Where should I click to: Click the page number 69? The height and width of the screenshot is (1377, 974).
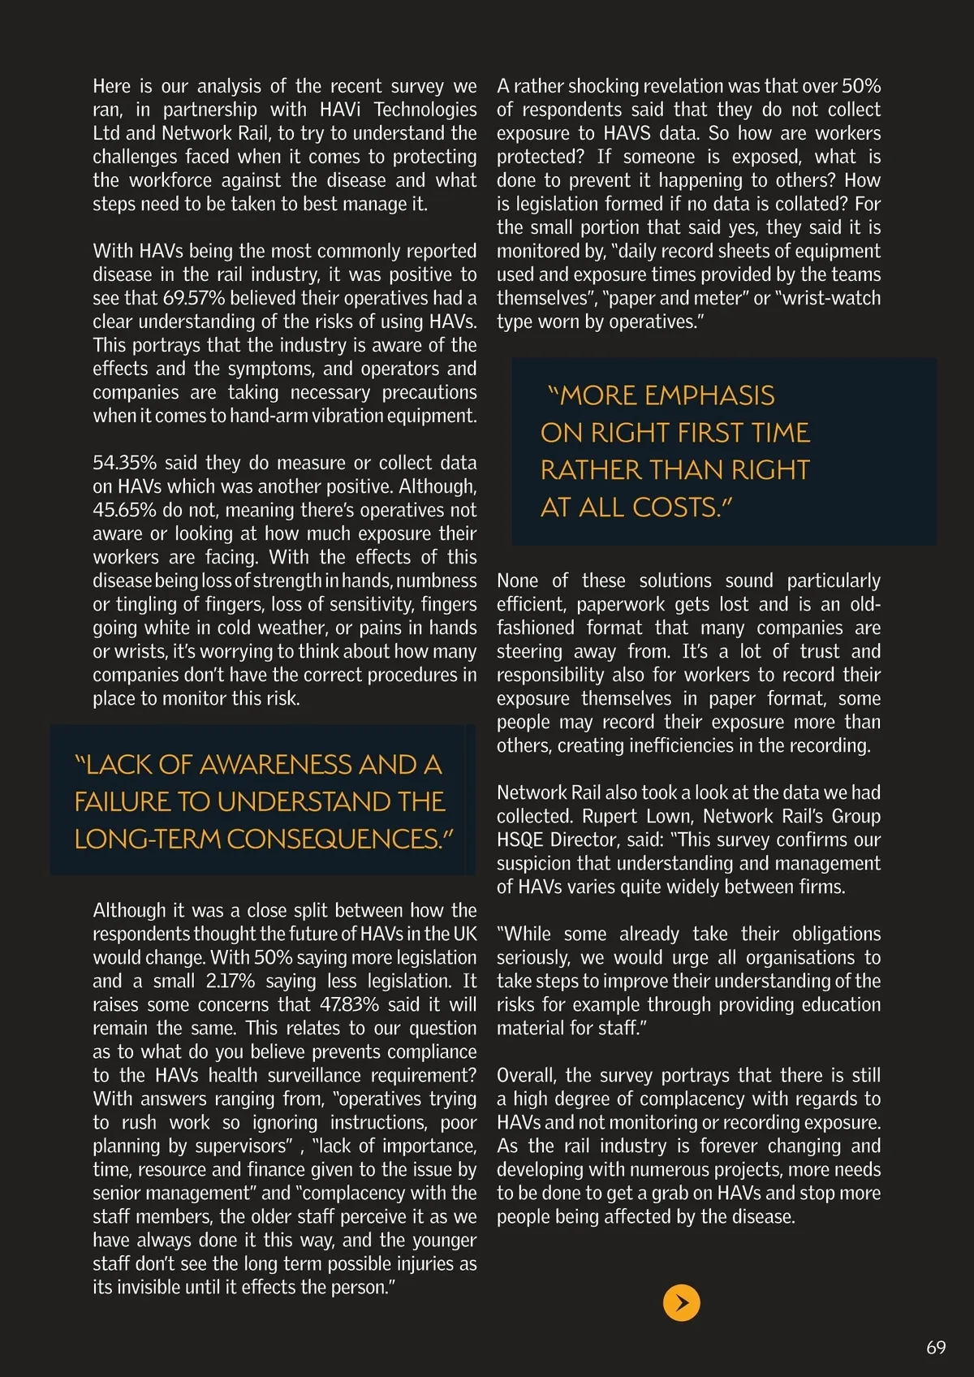point(936,1347)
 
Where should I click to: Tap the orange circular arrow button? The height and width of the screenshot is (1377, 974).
point(682,1303)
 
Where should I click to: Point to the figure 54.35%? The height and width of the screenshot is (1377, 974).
point(124,463)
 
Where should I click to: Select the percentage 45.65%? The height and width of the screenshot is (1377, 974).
point(124,510)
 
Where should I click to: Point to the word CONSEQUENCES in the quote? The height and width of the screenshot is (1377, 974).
point(334,840)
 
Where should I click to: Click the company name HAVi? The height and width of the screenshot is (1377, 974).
point(341,110)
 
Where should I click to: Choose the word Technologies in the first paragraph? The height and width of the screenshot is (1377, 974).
point(425,110)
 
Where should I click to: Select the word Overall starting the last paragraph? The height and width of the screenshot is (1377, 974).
point(527,1075)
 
